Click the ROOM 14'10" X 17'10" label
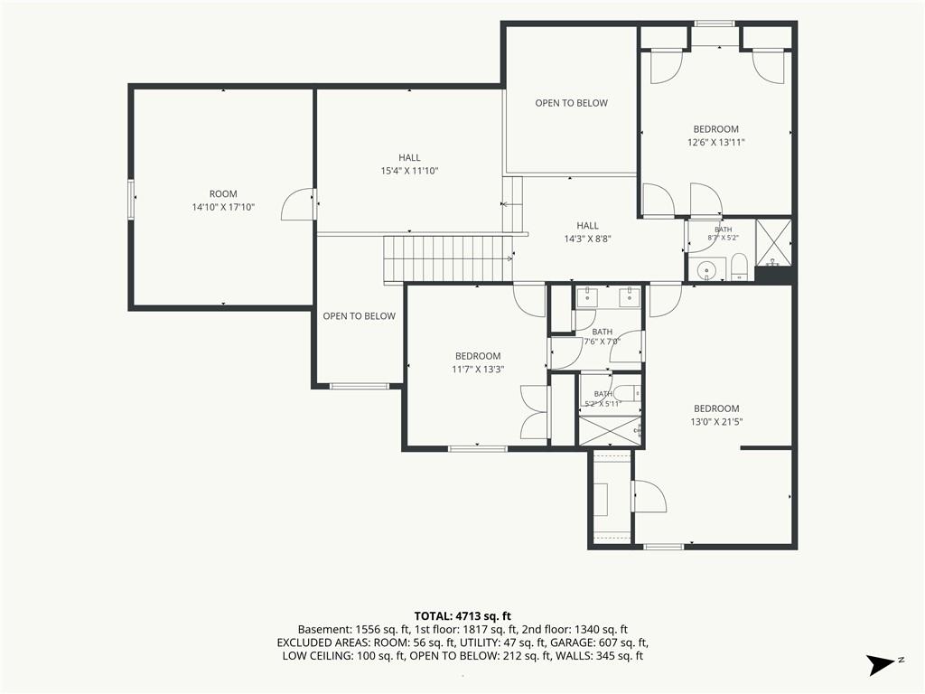pos(223,201)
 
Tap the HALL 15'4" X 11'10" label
pos(409,164)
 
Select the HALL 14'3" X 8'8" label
pos(587,232)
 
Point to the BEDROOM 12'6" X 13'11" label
pos(716,136)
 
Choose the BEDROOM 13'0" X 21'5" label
pos(716,415)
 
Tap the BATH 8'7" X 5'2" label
pos(724,234)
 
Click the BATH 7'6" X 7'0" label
pos(603,336)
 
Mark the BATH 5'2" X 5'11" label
pos(603,399)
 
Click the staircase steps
pos(448,259)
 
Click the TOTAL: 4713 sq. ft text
pos(462,616)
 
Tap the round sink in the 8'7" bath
pos(705,270)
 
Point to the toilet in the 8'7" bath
pos(739,267)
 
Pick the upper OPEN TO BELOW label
pos(571,103)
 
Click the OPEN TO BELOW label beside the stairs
pos(359,316)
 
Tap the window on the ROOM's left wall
pos(132,200)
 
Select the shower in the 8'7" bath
pos(773,242)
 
